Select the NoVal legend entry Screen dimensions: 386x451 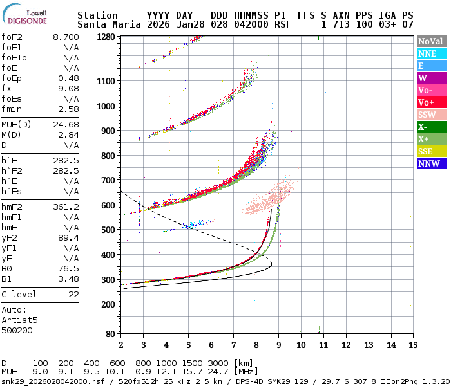pos(430,41)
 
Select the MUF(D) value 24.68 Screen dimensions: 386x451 pos(66,124)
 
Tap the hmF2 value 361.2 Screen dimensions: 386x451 pos(66,207)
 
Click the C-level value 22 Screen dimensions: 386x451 pos(73,294)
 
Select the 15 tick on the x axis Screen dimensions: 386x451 pos(412,345)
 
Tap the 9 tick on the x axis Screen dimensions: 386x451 pos(278,345)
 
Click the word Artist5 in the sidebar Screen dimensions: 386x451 pos(19,320)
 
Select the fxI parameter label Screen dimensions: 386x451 pos(9,88)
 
